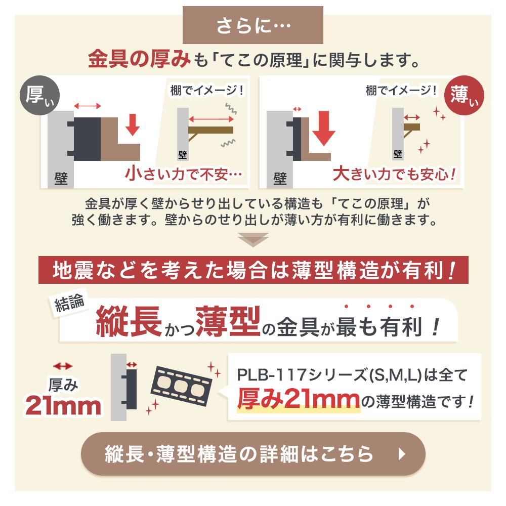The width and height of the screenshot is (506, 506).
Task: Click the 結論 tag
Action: coord(70,305)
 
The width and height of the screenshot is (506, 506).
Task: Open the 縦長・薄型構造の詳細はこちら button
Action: coord(253,453)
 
